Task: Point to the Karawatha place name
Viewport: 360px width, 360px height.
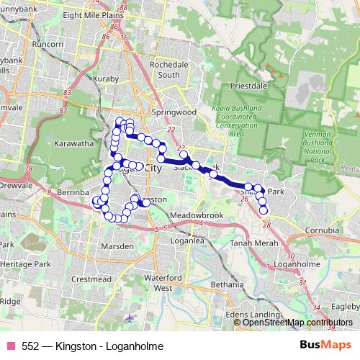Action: click(73, 144)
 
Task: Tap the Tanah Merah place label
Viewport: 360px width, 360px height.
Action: click(248, 243)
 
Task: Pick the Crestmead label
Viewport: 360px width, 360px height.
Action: click(91, 279)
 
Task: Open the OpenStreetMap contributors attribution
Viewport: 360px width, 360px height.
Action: click(298, 323)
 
